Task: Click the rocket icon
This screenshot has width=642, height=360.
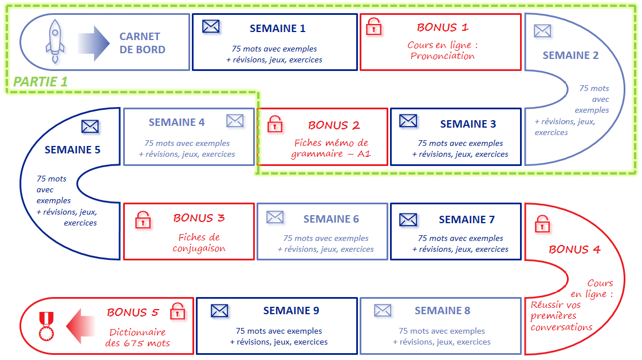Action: (x=55, y=42)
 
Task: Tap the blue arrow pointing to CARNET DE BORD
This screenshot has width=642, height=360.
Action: (x=93, y=43)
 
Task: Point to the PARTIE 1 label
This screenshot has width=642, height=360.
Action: (x=40, y=82)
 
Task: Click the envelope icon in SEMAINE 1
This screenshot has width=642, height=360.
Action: (x=211, y=26)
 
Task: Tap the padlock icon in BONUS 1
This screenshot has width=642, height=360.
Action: (x=373, y=26)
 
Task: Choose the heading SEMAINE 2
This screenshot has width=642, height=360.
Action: (x=570, y=56)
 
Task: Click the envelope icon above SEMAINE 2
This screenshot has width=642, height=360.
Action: (x=542, y=31)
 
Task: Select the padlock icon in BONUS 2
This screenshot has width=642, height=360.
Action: (x=275, y=123)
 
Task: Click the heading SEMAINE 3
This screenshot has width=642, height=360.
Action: (x=468, y=124)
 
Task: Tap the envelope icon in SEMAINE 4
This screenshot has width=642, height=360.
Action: (x=235, y=121)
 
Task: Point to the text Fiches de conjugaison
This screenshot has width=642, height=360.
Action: (x=199, y=243)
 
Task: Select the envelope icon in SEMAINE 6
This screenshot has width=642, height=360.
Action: (x=275, y=217)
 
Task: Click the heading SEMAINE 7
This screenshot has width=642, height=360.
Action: (x=466, y=219)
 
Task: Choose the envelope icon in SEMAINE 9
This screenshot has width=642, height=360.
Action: (x=219, y=311)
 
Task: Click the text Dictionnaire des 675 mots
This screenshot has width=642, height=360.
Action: (x=137, y=338)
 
